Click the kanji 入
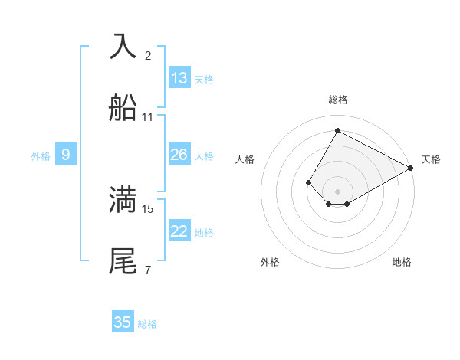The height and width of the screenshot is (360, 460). click(x=123, y=45)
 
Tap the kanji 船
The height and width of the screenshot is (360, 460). click(x=123, y=108)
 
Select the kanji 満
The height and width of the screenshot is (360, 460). click(x=123, y=199)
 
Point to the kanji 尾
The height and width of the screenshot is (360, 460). click(x=123, y=261)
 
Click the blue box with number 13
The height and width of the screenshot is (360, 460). click(x=179, y=78)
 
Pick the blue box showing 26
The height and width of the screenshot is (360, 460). click(x=179, y=155)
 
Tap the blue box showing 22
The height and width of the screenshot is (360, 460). click(x=179, y=232)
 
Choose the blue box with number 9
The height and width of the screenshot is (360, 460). click(x=66, y=155)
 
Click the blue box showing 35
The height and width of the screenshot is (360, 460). click(x=123, y=322)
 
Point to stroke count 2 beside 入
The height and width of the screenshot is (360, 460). click(x=148, y=55)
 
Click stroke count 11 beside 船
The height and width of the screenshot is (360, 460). click(x=148, y=117)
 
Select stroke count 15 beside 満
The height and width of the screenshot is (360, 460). click(x=148, y=208)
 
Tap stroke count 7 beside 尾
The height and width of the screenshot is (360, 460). click(x=148, y=270)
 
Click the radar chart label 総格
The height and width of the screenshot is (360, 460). click(x=338, y=100)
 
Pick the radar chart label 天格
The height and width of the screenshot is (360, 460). click(x=431, y=159)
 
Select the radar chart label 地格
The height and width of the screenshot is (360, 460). click(x=402, y=262)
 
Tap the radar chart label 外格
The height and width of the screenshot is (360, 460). click(x=270, y=262)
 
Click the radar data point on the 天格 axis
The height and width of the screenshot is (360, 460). click(x=411, y=168)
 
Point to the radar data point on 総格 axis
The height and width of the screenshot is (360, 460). click(x=337, y=130)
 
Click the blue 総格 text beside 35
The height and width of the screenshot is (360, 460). click(x=147, y=324)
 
